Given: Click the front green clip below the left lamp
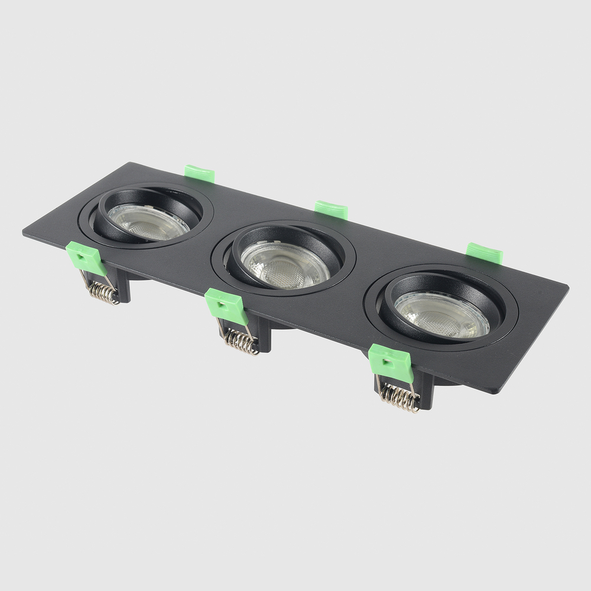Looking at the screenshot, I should click(86, 257).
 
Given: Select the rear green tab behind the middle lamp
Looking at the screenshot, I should click(331, 209).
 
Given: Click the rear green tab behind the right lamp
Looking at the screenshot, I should click(484, 252).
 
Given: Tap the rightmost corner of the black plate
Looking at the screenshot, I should click(567, 287).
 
